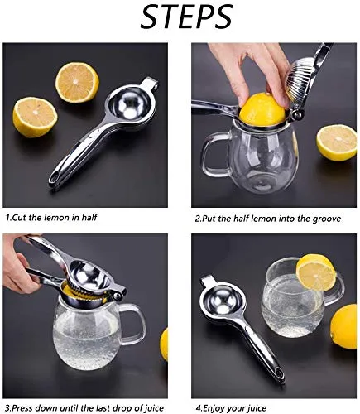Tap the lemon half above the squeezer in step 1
pos(77,81)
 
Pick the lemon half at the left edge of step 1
pos(34,116)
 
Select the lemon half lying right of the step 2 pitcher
pos(336,142)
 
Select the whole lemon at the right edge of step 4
pos(344,326)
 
